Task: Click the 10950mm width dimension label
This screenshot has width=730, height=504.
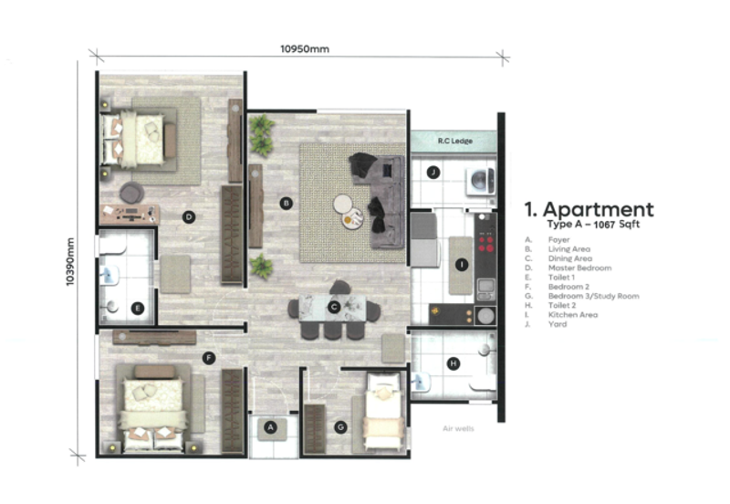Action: click(x=305, y=49)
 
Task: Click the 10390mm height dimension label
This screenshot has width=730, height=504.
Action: click(x=70, y=262)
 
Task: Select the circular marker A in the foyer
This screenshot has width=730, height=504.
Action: click(x=270, y=426)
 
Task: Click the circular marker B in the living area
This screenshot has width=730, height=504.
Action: click(x=286, y=204)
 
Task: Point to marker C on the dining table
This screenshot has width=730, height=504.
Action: click(x=335, y=307)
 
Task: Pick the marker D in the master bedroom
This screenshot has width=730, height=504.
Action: click(x=188, y=216)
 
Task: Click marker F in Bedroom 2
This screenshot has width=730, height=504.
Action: click(x=210, y=357)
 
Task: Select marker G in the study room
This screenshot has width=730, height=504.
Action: click(x=340, y=426)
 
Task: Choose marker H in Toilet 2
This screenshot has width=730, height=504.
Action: click(x=454, y=363)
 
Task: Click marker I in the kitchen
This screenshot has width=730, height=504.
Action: click(x=462, y=265)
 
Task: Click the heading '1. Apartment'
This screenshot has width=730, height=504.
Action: click(x=589, y=209)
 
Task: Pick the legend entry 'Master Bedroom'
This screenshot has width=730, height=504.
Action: click(x=579, y=268)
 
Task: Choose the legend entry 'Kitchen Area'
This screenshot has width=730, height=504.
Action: click(x=574, y=314)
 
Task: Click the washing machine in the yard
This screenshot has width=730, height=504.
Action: click(x=479, y=177)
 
